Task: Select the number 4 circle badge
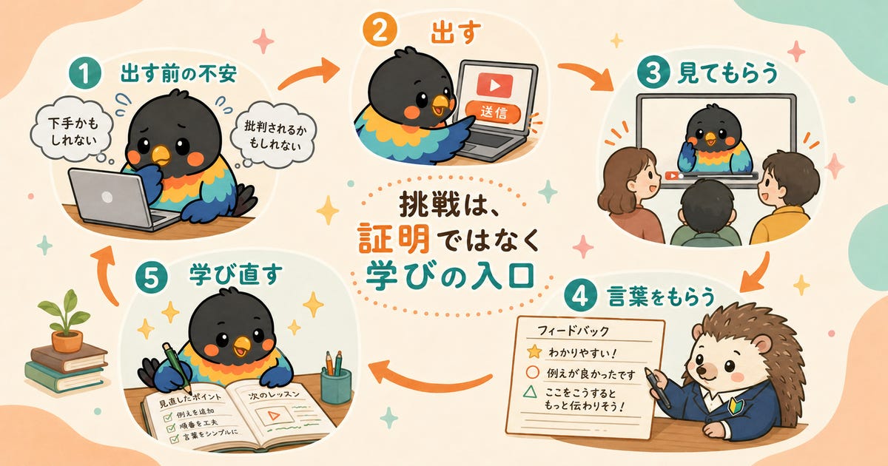click(580, 296)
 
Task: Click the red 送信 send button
click(493, 112)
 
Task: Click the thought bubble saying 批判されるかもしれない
click(275, 134)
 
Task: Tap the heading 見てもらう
click(727, 73)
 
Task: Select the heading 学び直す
click(236, 274)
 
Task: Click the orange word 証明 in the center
click(394, 238)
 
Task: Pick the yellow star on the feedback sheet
click(534, 351)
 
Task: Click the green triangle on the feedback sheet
click(530, 391)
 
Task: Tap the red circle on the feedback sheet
click(532, 372)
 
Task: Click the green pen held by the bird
click(177, 367)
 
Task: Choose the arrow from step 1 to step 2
click(309, 75)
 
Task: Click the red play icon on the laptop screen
click(494, 84)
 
